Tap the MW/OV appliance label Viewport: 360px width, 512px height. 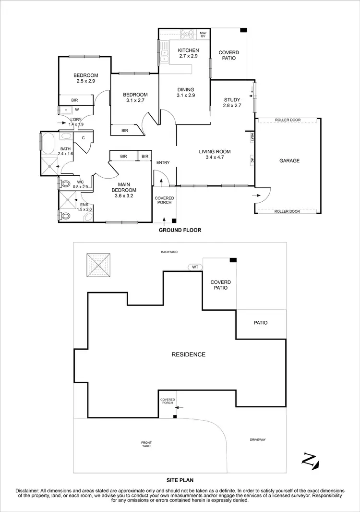pyautogui.click(x=203, y=35)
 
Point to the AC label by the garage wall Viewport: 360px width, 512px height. pyautogui.click(x=252, y=161)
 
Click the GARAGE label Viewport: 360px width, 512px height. pyautogui.click(x=289, y=161)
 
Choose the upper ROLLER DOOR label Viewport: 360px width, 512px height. pyautogui.click(x=288, y=120)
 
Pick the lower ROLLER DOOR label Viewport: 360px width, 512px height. pyautogui.click(x=288, y=211)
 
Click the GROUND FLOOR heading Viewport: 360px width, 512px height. pyautogui.click(x=180, y=230)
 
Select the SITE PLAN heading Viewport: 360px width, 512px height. pyautogui.click(x=180, y=479)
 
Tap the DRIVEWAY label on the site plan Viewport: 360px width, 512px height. pyautogui.click(x=258, y=439)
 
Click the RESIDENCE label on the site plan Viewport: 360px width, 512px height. pyautogui.click(x=189, y=354)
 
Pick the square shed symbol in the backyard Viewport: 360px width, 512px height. pyautogui.click(x=98, y=265)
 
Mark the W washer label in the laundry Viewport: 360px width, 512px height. pyautogui.click(x=76, y=110)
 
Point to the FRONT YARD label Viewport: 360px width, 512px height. pyautogui.click(x=146, y=444)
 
